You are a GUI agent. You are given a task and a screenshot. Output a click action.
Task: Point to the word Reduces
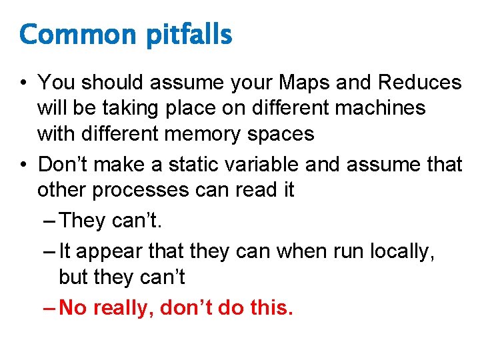[x=419, y=83]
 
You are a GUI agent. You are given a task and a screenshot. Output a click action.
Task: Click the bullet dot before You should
[x=24, y=83]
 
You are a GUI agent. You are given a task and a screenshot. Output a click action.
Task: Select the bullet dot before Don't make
[x=24, y=165]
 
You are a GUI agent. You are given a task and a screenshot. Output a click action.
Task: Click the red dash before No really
[x=48, y=308]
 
